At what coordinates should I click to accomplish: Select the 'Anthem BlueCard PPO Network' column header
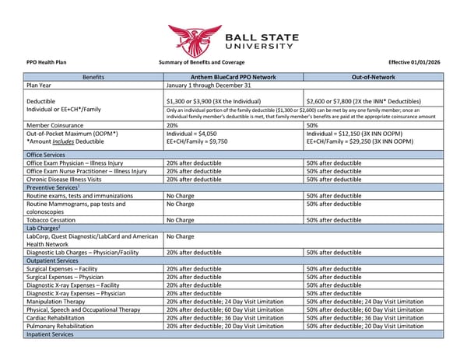[233, 78]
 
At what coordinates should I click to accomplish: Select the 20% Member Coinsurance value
[173, 124]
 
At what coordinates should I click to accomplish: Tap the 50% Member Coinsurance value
[313, 124]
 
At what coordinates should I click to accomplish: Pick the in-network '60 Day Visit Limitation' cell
[225, 309]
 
